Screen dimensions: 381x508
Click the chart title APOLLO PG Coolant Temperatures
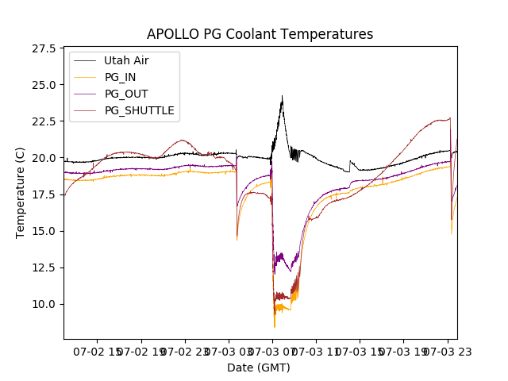click(260, 34)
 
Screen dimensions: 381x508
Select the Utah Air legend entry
click(125, 60)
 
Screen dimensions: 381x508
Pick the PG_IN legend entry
click(121, 77)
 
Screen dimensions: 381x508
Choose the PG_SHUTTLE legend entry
click(139, 110)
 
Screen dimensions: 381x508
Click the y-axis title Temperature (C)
click(21, 193)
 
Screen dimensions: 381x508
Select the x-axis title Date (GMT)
click(259, 368)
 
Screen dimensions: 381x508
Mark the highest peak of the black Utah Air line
click(282, 96)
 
